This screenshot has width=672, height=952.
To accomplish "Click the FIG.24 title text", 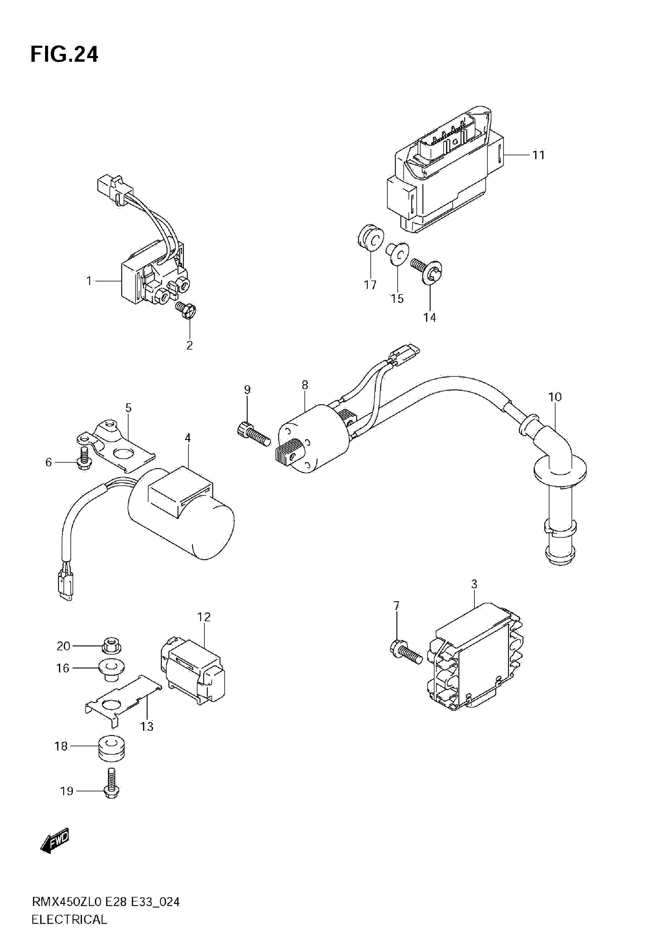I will click(x=64, y=54).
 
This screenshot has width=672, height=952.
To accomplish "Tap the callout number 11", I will click(x=538, y=155).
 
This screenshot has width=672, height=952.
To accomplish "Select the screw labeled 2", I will click(x=186, y=309).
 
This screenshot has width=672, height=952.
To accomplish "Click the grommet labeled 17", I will click(x=370, y=238).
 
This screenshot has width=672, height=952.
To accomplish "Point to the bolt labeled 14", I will click(x=427, y=270).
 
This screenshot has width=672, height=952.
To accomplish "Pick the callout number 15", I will click(x=397, y=298).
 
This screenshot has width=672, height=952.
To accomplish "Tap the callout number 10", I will click(x=555, y=397).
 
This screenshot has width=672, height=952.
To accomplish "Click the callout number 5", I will click(x=128, y=408).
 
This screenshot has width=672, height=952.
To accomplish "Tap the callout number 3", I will click(x=474, y=584).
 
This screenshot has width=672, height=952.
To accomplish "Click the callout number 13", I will click(x=147, y=726).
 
